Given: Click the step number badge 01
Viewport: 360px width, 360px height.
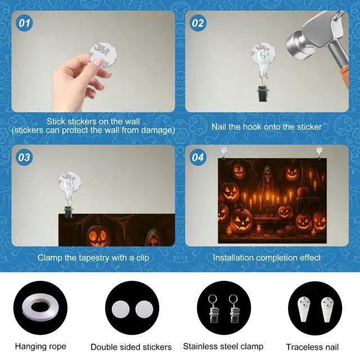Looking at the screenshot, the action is point(24,23).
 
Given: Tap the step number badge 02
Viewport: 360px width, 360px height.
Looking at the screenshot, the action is point(197,23).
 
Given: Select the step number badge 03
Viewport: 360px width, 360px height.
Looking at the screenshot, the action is point(24,157).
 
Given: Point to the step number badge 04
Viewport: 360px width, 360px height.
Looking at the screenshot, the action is point(197,157).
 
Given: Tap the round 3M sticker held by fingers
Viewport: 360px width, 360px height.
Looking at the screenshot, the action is point(103,55).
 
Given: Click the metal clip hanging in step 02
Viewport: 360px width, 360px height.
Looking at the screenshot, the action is point(263,92).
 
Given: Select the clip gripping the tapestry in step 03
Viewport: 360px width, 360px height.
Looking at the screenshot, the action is point(68,211).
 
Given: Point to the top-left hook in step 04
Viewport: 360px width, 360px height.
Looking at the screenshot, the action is point(224,152).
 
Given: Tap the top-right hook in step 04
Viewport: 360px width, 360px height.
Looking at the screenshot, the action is point(319,152).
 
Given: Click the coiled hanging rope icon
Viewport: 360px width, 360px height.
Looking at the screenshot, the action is point(40,308).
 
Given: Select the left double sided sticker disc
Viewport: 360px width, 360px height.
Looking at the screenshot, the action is point(120,309).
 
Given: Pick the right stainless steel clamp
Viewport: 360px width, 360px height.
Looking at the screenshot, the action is point(234,309).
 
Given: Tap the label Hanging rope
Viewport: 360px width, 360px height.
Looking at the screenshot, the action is point(40,346).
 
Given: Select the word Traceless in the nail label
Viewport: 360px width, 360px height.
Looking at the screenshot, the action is point(302,347).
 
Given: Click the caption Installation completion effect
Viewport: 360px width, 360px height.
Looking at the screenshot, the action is point(267,258).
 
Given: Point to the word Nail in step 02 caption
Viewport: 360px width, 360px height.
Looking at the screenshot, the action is point(219,127).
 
